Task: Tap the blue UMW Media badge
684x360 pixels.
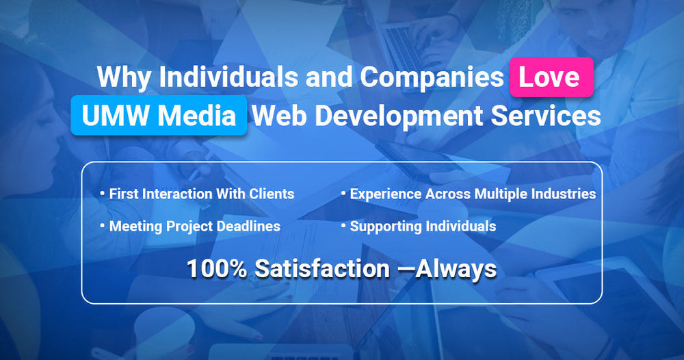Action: [x=158, y=116]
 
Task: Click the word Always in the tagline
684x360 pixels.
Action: [x=457, y=269]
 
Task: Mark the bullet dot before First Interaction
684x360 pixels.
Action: [x=103, y=194]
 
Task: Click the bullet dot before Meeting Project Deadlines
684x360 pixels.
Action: [x=103, y=227]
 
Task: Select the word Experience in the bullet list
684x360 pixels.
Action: [x=384, y=194]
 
